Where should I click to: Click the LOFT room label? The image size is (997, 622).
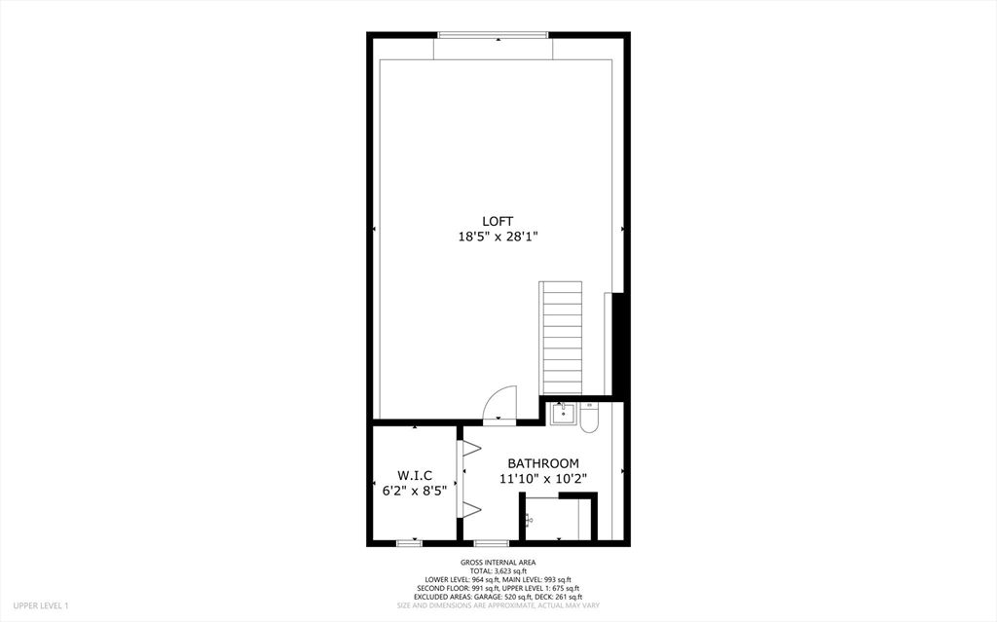(498, 221)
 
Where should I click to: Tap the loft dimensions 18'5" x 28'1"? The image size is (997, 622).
(498, 236)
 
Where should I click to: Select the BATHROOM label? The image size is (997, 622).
(543, 463)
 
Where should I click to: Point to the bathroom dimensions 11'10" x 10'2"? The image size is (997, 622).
(543, 478)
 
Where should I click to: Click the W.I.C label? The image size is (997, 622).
(415, 475)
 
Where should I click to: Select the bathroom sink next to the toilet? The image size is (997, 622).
(563, 415)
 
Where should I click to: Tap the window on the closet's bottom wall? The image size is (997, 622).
(411, 541)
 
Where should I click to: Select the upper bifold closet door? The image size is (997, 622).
(471, 449)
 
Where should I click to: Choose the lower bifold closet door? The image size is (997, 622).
(471, 508)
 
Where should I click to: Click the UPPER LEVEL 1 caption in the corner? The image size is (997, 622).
(40, 605)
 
